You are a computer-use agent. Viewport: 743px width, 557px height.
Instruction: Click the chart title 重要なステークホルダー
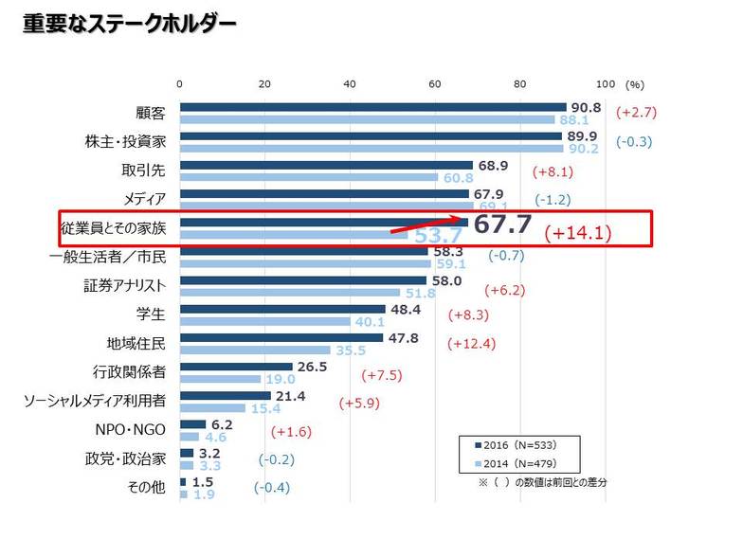click(x=130, y=24)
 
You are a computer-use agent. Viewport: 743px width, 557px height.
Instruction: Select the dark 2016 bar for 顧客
click(x=372, y=108)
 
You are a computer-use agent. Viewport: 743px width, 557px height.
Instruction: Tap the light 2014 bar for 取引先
click(x=308, y=177)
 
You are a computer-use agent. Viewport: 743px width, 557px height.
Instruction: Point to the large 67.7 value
click(x=502, y=225)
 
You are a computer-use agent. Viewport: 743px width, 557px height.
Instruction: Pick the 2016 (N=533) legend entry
click(x=517, y=444)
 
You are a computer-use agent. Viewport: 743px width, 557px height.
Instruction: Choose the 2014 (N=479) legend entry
click(x=517, y=463)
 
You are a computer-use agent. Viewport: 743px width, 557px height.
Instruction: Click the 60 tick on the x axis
click(x=435, y=84)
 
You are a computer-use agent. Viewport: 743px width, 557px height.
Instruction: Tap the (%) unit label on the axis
click(x=635, y=84)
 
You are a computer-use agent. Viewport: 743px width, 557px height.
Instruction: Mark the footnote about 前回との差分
click(x=542, y=483)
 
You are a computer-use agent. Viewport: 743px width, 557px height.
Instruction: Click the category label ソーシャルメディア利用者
click(x=95, y=402)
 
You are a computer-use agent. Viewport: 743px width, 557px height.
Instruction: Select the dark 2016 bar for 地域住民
click(x=281, y=337)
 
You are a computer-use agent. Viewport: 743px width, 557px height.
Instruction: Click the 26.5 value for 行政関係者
click(x=314, y=366)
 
